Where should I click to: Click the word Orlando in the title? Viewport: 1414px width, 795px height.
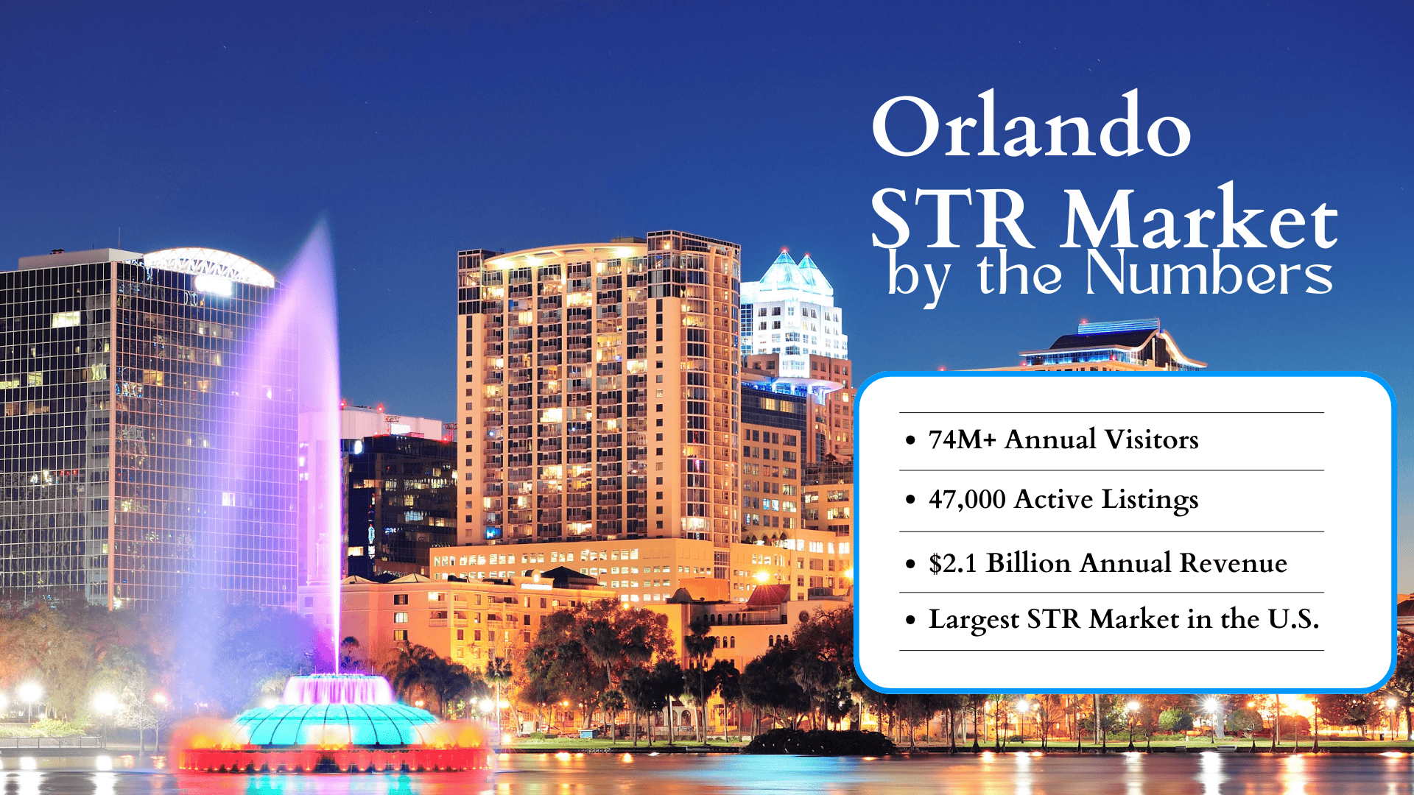(x=1031, y=127)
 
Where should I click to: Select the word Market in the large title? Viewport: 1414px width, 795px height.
(x=1199, y=218)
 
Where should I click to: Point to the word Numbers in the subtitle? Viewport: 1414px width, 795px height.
(x=1209, y=274)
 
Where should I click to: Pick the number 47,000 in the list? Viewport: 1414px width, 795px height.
(x=967, y=500)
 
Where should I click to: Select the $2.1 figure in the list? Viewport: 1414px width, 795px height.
(x=952, y=563)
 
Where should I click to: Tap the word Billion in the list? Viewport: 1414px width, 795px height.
(x=1028, y=563)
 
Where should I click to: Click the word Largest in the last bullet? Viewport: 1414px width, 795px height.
(x=974, y=620)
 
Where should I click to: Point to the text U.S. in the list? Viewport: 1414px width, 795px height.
(x=1292, y=619)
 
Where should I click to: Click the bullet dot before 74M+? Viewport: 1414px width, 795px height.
(x=911, y=440)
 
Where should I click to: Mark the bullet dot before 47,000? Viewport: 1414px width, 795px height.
(x=911, y=500)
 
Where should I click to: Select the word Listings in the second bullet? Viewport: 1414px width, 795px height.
(x=1150, y=500)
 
